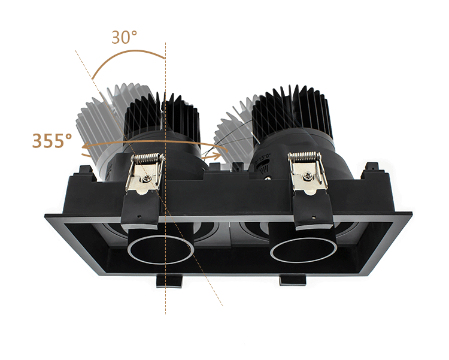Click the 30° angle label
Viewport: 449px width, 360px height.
pos(124,37)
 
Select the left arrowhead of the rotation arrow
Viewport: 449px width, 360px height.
pos(86,146)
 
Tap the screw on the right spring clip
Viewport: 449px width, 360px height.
pos(306,176)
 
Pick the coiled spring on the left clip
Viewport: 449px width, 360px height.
pos(147,158)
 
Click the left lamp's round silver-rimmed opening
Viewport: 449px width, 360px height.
pos(159,250)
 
